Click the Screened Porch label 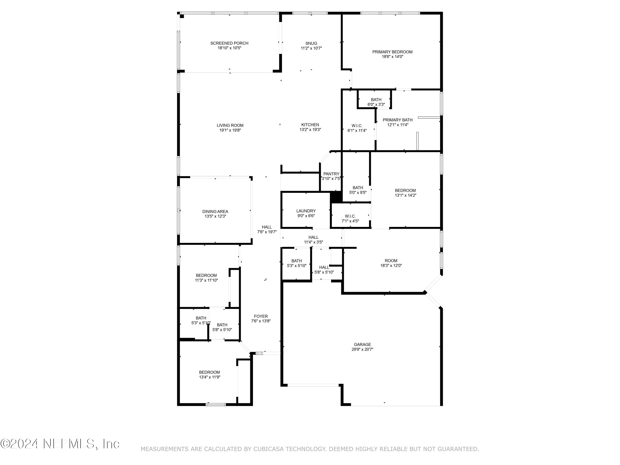click(229, 43)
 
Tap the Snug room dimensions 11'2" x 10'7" click(311, 48)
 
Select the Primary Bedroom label click(392, 52)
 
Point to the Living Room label click(230, 125)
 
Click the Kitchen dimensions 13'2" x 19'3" click(310, 130)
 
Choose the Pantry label click(331, 174)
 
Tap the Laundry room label click(306, 211)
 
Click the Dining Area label click(215, 211)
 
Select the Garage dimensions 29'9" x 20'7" click(362, 349)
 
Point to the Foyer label click(261, 316)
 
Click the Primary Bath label click(397, 120)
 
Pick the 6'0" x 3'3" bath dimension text click(376, 105)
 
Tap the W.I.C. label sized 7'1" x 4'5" click(350, 216)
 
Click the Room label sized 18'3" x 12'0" click(391, 261)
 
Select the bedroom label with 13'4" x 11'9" click(209, 372)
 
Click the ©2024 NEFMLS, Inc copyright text click(60, 444)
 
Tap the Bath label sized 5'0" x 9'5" click(358, 187)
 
